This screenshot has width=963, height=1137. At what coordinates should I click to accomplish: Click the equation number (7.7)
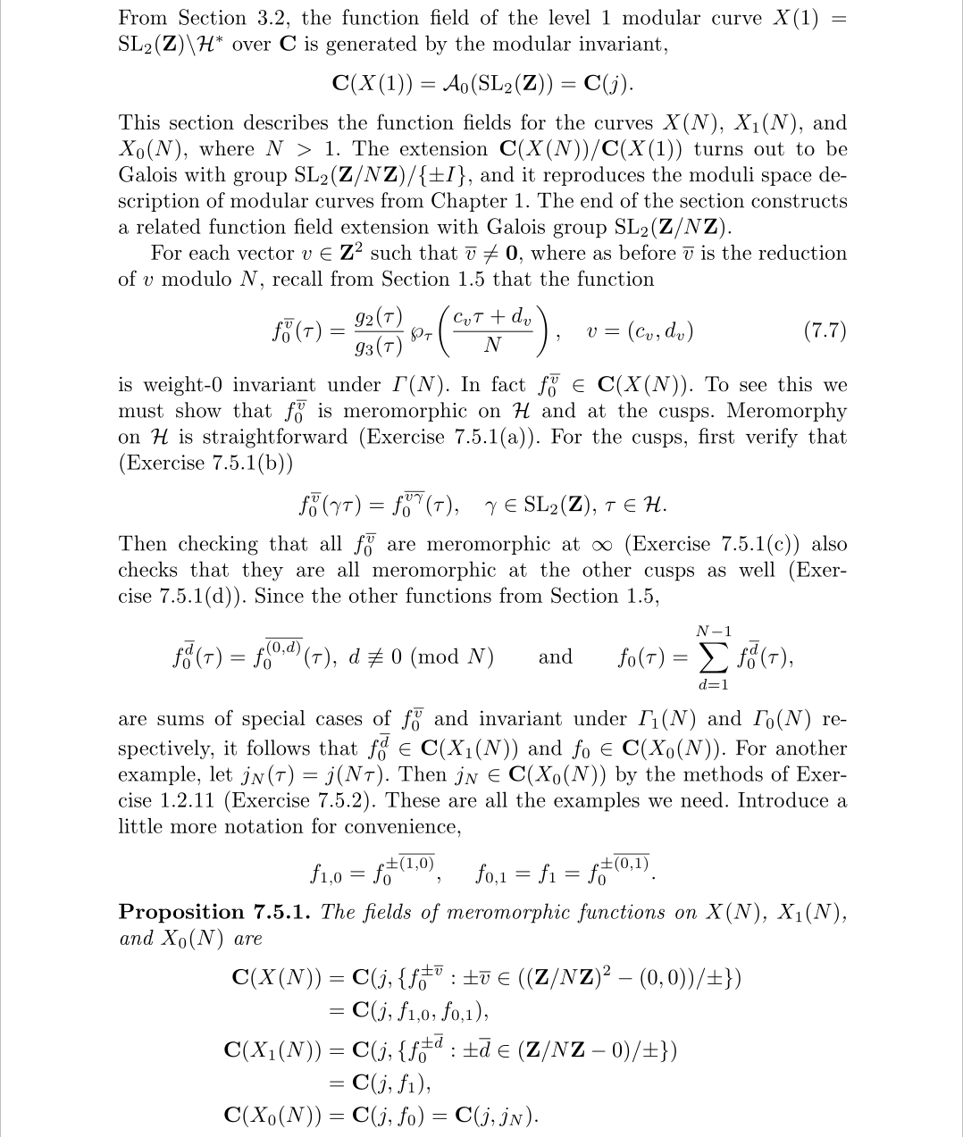click(825, 330)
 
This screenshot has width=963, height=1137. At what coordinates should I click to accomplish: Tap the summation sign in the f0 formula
click(713, 659)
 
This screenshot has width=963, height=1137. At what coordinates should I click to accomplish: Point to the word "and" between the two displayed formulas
click(556, 657)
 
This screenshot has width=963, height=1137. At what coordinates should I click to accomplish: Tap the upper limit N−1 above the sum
click(712, 632)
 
